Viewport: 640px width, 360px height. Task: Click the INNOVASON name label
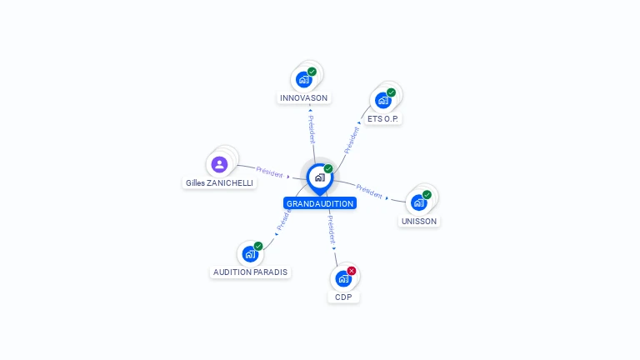[x=304, y=97]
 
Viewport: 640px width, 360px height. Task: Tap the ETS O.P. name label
[x=384, y=118]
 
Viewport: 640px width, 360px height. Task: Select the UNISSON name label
[x=419, y=221]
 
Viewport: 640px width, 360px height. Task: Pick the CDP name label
[x=343, y=297]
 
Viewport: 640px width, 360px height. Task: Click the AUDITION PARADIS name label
[x=250, y=272]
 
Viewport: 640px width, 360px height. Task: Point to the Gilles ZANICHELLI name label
[x=219, y=182]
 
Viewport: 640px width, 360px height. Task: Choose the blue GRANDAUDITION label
[x=320, y=203]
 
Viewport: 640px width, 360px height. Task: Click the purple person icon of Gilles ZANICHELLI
[x=219, y=164]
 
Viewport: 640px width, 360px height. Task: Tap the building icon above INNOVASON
[x=303, y=80]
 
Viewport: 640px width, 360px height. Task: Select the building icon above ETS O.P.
[x=383, y=101]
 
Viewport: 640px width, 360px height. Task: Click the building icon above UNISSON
[x=418, y=202]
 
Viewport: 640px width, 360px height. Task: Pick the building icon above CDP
[x=343, y=279]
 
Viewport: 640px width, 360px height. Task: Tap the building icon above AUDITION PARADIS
[x=250, y=254]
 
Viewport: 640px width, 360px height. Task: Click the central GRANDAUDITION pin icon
[x=319, y=177]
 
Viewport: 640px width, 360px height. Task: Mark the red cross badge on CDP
[x=352, y=271]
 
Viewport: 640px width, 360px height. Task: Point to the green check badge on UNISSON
[x=427, y=194]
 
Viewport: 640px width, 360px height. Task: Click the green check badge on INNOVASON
[x=312, y=72]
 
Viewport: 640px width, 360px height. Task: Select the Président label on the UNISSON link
[x=369, y=190]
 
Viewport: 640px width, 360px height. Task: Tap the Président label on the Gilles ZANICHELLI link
[x=269, y=172]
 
